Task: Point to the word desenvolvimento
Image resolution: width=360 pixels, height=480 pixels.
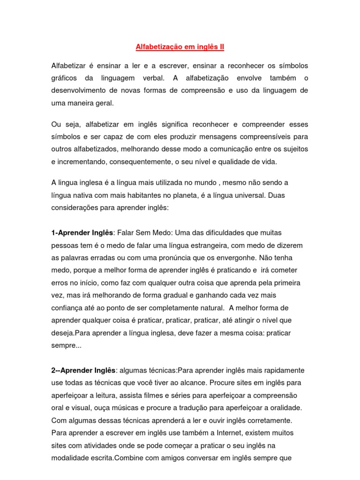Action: click(81, 90)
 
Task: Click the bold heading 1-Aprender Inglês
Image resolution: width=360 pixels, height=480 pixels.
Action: click(82, 233)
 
